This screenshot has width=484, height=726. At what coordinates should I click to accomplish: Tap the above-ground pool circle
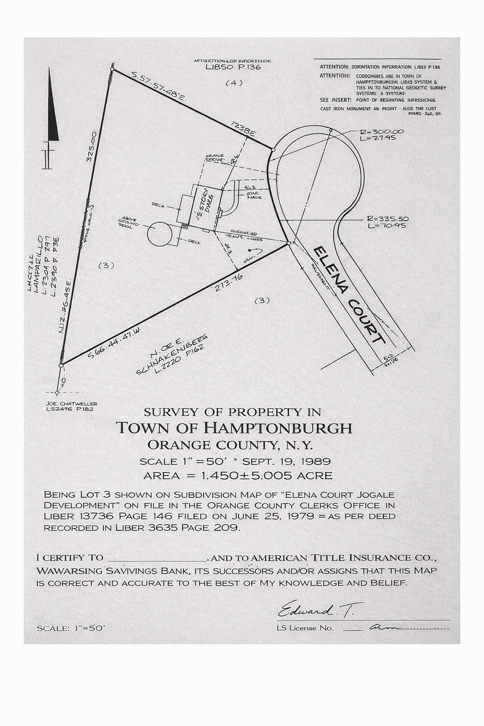(161, 234)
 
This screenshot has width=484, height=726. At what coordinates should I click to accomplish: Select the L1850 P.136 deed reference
(233, 67)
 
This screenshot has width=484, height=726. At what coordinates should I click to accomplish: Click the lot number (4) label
(233, 83)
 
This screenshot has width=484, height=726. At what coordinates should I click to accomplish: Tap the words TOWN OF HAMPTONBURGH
(234, 428)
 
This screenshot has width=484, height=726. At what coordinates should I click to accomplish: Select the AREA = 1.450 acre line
(237, 475)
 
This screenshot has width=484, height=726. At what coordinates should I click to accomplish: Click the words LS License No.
(305, 628)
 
